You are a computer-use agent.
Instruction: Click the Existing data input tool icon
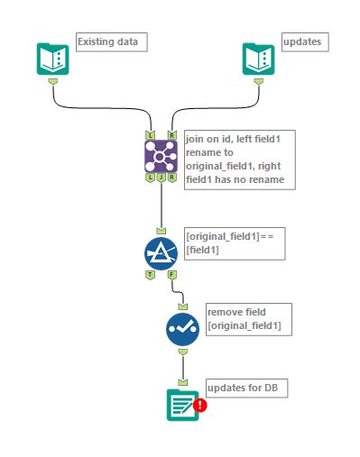coord(53,59)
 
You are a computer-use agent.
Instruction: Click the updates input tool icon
coord(259,59)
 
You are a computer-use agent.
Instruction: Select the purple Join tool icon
coord(161,156)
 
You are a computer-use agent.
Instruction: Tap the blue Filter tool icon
coord(161,251)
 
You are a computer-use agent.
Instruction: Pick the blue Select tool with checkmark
coord(182,329)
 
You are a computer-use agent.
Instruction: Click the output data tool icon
coord(182,404)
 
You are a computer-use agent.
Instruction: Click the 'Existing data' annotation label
coord(110,41)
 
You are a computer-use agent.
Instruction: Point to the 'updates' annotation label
coord(301,41)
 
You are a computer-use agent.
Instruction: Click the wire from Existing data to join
coord(99,106)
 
